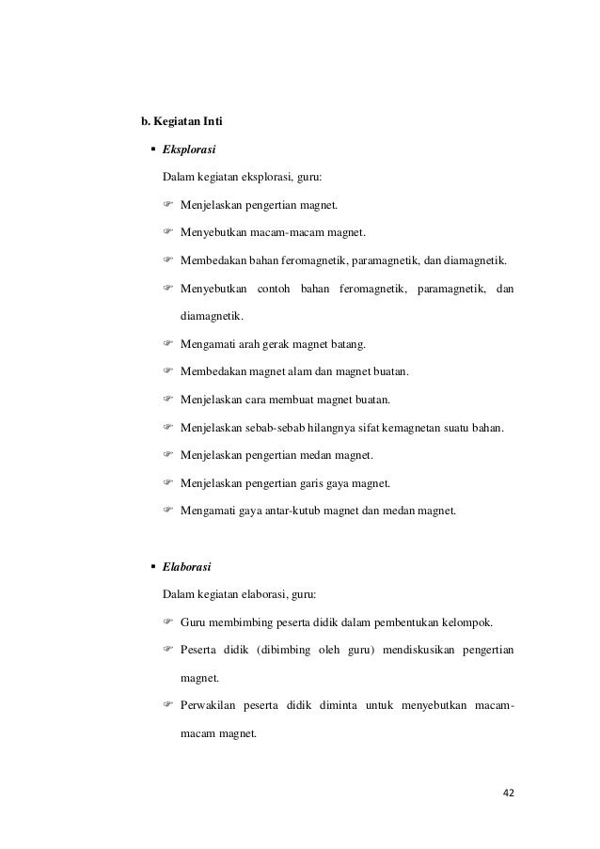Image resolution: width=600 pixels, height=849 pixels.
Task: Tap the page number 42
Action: coord(509,794)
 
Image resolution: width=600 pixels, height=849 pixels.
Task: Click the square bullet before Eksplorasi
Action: coord(152,149)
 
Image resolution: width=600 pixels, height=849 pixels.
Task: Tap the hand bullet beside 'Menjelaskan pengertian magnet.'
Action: coord(169,205)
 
